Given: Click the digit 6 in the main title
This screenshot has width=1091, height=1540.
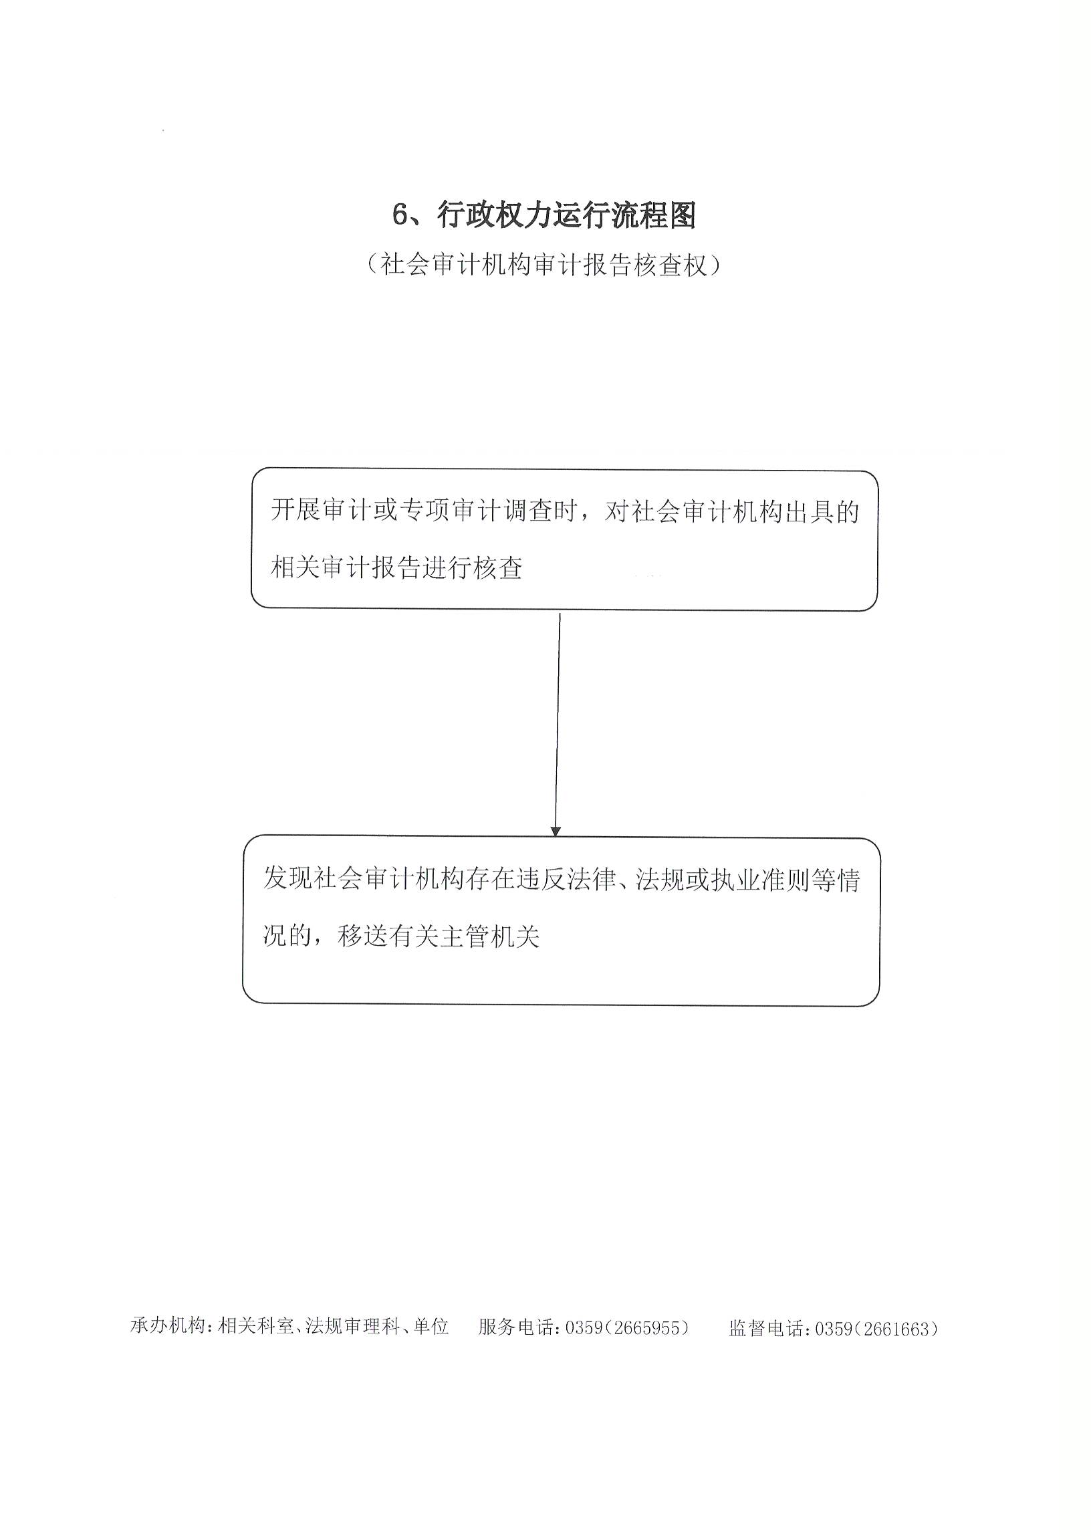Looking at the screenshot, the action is [x=400, y=216].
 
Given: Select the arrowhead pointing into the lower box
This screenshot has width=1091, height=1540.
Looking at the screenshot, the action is [x=556, y=831].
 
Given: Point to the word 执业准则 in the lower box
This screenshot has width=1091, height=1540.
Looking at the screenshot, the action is [x=760, y=879].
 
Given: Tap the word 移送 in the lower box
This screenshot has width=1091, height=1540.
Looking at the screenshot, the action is [x=364, y=936].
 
